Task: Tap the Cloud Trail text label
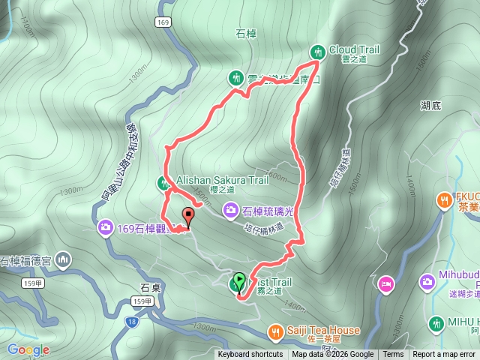(x=353, y=50)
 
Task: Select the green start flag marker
(x=238, y=282)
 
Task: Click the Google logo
(x=28, y=349)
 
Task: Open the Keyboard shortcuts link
(x=250, y=355)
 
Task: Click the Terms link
(x=393, y=355)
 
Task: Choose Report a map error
(x=443, y=355)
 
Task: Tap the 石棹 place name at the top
(x=246, y=34)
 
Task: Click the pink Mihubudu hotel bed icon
(x=386, y=284)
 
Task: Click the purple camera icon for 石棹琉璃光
(x=231, y=210)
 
